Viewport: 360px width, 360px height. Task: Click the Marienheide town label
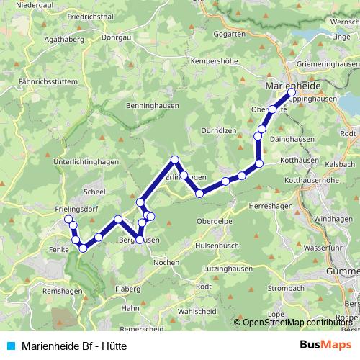pos(287,85)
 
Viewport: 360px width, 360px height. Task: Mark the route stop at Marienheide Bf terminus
pos(292,93)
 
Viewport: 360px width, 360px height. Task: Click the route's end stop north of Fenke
pos(68,219)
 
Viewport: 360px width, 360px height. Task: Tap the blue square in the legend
pos(9,346)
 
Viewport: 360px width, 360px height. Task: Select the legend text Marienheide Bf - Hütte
pos(75,346)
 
